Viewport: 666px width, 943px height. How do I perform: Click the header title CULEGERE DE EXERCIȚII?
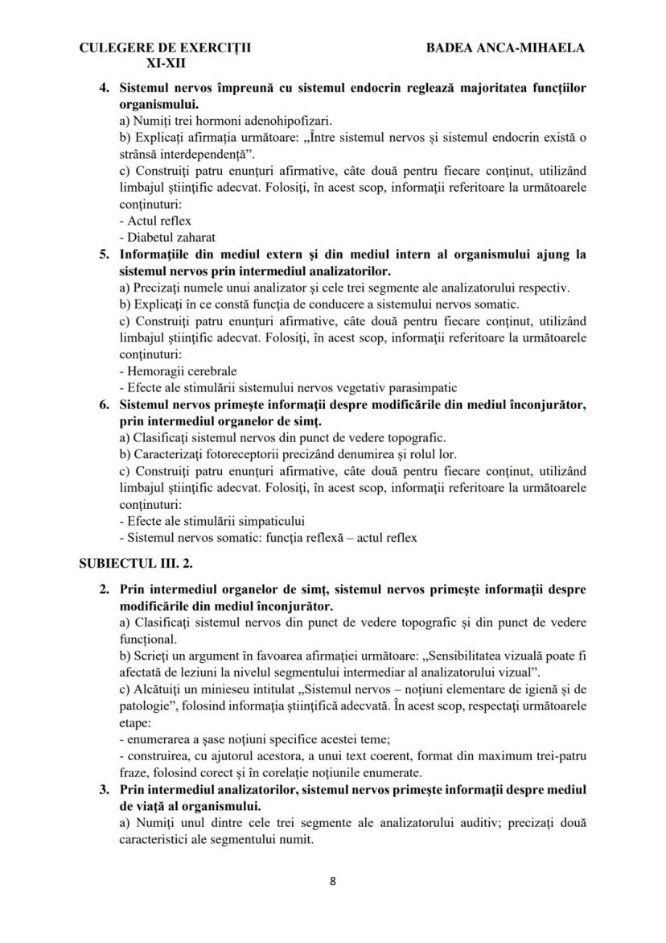click(x=165, y=48)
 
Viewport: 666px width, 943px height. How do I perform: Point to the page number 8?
click(x=333, y=880)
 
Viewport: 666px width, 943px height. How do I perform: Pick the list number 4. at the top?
click(x=105, y=87)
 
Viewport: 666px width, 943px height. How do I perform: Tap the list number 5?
click(x=105, y=254)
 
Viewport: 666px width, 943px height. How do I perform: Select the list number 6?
click(x=105, y=404)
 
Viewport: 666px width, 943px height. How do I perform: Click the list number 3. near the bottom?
click(x=105, y=790)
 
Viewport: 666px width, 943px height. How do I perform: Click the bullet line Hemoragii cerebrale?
click(x=177, y=371)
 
